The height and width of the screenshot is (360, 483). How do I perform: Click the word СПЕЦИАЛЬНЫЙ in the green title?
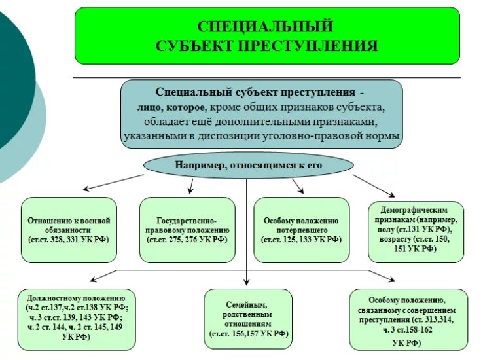click(x=266, y=26)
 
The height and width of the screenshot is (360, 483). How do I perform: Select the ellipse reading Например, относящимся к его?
click(x=248, y=165)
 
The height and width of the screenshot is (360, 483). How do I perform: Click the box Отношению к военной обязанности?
click(x=69, y=229)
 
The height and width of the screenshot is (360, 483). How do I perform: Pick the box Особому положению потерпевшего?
click(x=301, y=229)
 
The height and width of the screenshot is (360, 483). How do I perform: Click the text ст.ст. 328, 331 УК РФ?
click(x=69, y=240)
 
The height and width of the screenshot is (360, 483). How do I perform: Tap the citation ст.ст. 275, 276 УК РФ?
click(x=187, y=240)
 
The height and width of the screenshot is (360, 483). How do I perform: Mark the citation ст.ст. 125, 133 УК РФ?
click(x=301, y=240)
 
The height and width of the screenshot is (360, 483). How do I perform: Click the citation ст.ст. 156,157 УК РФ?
click(x=248, y=334)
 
